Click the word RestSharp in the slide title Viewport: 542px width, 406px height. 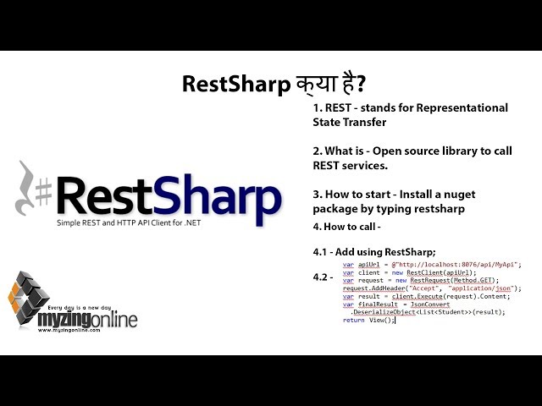[x=223, y=85]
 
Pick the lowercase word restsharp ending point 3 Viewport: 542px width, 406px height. [x=436, y=208]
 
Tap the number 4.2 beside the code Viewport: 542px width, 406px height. [x=322, y=277]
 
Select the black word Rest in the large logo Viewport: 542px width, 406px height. [x=108, y=195]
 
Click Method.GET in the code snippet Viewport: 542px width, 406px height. [x=473, y=280]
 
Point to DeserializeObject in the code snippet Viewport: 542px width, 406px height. [x=387, y=311]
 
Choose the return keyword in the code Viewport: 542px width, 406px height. [x=353, y=320]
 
